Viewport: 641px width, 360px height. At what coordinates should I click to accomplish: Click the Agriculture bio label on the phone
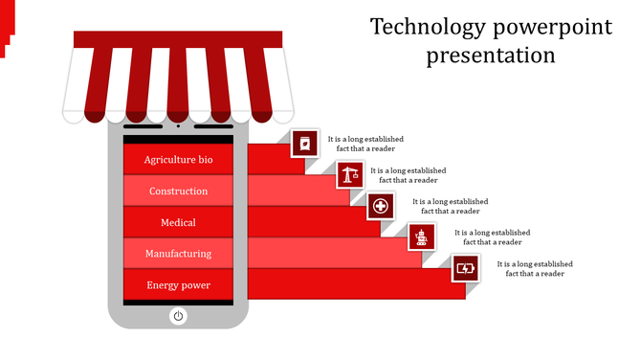(x=178, y=160)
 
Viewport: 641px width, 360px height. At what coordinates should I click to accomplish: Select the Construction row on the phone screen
(x=178, y=191)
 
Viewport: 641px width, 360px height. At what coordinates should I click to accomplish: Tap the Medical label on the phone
(x=178, y=223)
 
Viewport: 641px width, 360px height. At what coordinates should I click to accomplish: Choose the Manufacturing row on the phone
(x=178, y=254)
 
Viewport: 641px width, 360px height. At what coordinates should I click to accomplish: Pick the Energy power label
(x=178, y=285)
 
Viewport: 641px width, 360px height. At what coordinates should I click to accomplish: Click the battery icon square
(x=466, y=268)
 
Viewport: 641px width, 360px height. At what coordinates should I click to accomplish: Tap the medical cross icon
(x=381, y=206)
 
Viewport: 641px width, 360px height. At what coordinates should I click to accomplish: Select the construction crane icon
(x=350, y=174)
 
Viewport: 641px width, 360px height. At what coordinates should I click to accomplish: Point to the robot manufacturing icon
(x=422, y=236)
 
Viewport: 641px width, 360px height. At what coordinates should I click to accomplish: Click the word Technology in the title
(x=421, y=27)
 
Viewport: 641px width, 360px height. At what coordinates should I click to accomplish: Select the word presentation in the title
(x=491, y=56)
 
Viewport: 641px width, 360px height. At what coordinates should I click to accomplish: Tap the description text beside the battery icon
(x=535, y=268)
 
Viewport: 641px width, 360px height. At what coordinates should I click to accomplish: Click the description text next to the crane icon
(x=409, y=174)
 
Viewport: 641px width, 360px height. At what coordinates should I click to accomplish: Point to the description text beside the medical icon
(x=450, y=206)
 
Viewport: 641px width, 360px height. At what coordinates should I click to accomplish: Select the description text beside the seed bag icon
(x=365, y=144)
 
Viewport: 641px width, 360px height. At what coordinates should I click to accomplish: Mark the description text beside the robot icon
(x=492, y=236)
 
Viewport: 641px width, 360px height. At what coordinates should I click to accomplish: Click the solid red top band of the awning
(x=178, y=38)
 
